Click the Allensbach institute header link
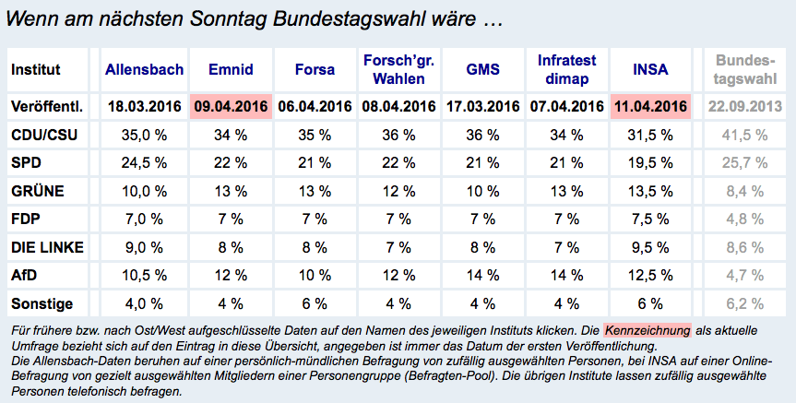click(145, 69)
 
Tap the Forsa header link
click(315, 69)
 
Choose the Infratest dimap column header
click(566, 69)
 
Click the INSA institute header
click(651, 69)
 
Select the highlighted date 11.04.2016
click(650, 107)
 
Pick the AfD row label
click(25, 275)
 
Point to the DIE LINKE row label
click(47, 247)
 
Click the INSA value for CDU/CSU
click(650, 136)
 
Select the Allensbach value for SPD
click(145, 163)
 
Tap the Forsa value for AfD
click(315, 275)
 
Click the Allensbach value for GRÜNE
click(145, 192)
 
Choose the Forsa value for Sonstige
click(315, 302)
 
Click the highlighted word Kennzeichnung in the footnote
click(647, 330)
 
